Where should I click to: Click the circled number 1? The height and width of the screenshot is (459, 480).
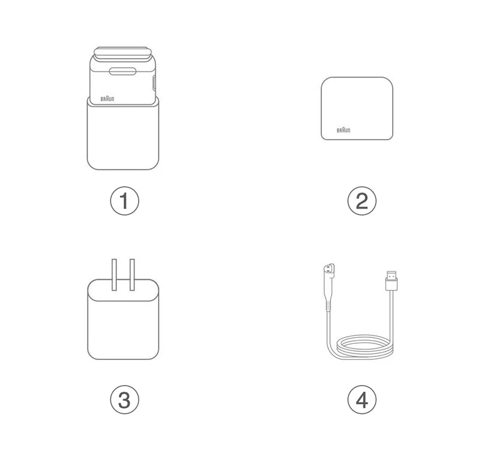(125, 201)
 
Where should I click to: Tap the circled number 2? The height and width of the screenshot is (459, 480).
(362, 201)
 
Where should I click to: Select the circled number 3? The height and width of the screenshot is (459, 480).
(125, 400)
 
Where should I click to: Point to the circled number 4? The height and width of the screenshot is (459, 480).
(362, 400)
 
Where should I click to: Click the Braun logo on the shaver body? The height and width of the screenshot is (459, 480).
(107, 98)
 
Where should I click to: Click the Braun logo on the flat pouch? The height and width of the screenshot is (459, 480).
(343, 130)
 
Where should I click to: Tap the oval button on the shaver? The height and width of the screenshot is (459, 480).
(123, 71)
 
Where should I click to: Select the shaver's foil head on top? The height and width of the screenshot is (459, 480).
(123, 54)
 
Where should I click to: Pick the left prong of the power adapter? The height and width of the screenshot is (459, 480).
(114, 275)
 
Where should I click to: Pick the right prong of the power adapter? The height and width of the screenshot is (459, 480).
(132, 275)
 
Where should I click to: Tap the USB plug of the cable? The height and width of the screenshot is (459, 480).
(392, 280)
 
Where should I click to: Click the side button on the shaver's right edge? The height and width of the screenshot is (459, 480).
(154, 83)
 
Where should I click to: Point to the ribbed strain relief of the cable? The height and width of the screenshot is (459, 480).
(328, 306)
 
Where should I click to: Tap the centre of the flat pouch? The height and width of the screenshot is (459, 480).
(357, 109)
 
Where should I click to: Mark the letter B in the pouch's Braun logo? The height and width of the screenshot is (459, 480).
(338, 130)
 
